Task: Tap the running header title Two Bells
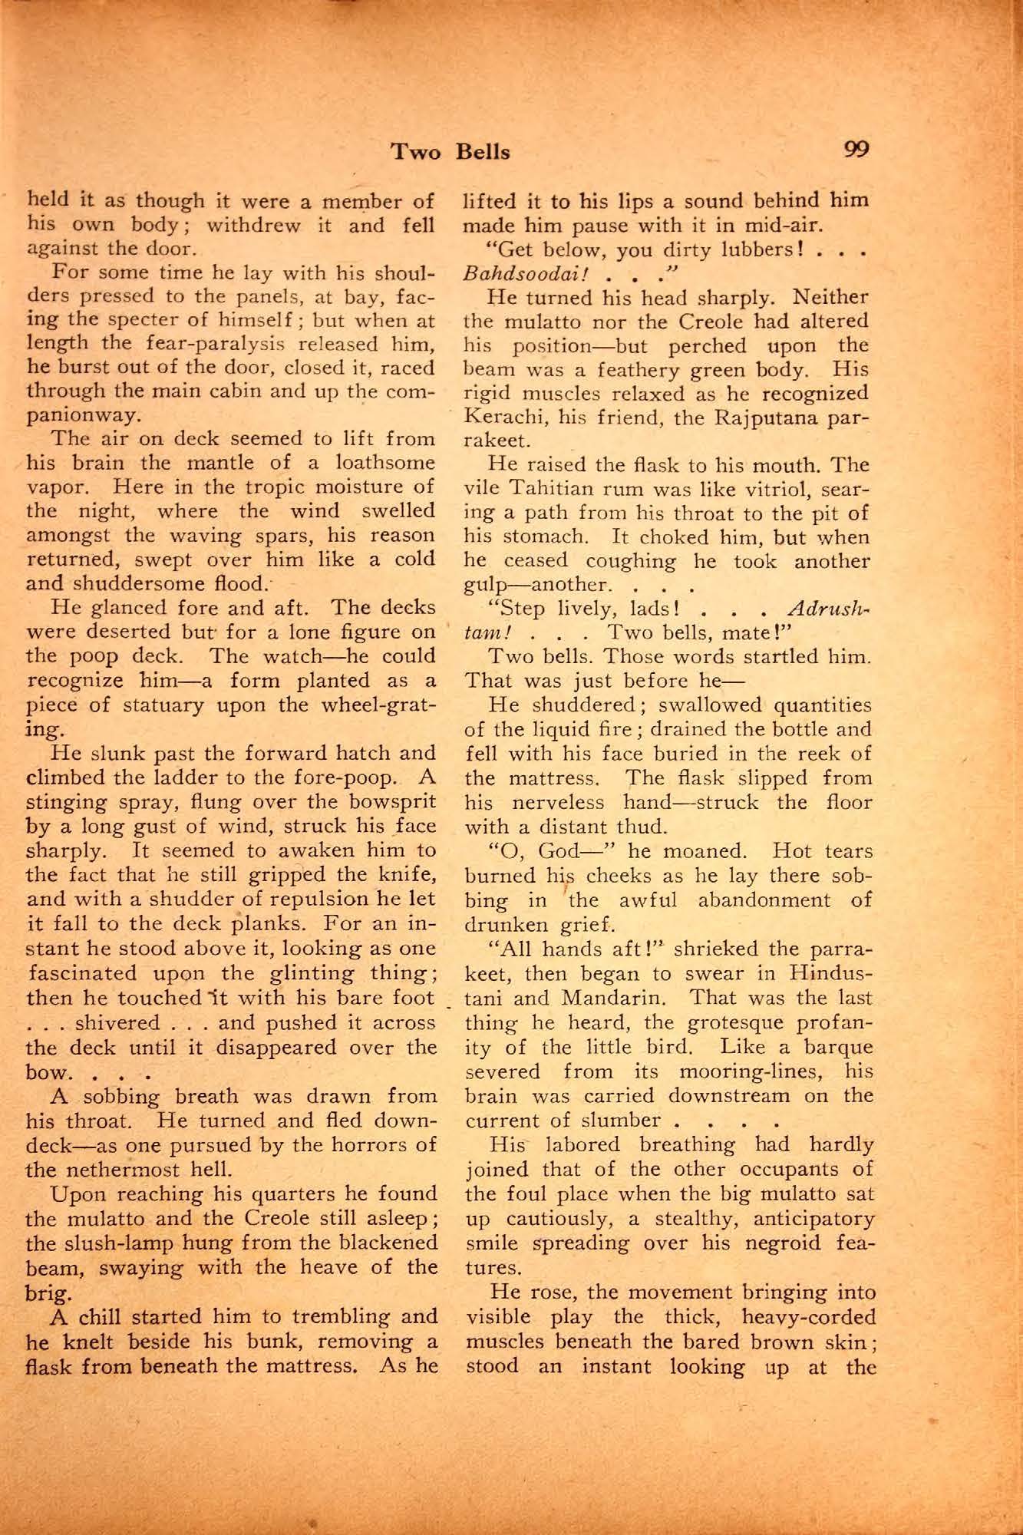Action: click(x=450, y=151)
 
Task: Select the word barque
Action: click(x=836, y=1047)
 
